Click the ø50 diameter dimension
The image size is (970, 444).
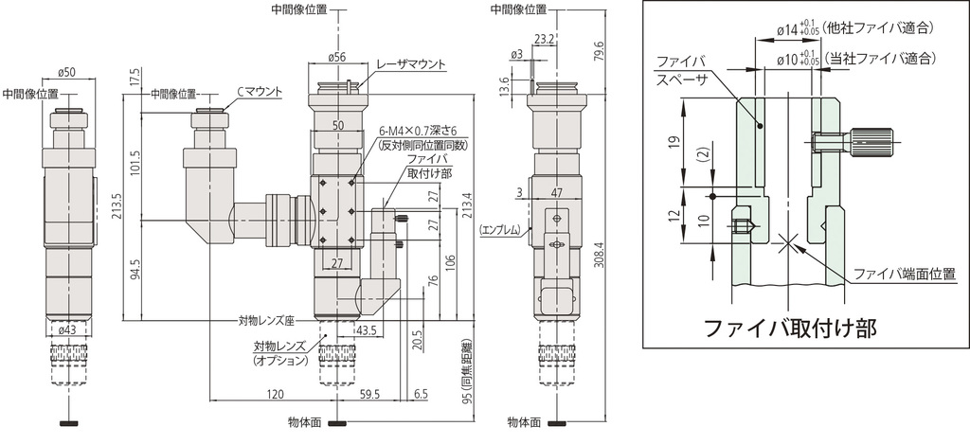coord(67,73)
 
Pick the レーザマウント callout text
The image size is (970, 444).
coord(410,64)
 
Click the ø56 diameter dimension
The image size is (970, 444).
coord(336,58)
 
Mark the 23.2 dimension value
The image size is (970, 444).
coord(544,39)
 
